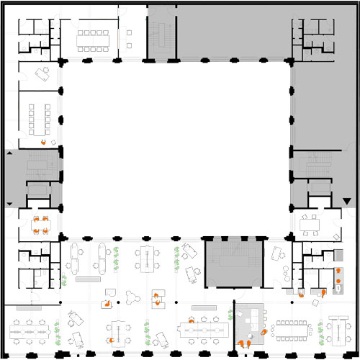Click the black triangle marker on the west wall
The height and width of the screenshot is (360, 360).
tap(9, 153)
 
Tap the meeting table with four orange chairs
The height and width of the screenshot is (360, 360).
tap(40, 224)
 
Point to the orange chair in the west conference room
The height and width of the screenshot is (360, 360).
tap(44, 143)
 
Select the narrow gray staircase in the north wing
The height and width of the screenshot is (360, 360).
tap(161, 32)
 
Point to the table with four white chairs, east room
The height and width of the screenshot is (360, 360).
tap(310, 223)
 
